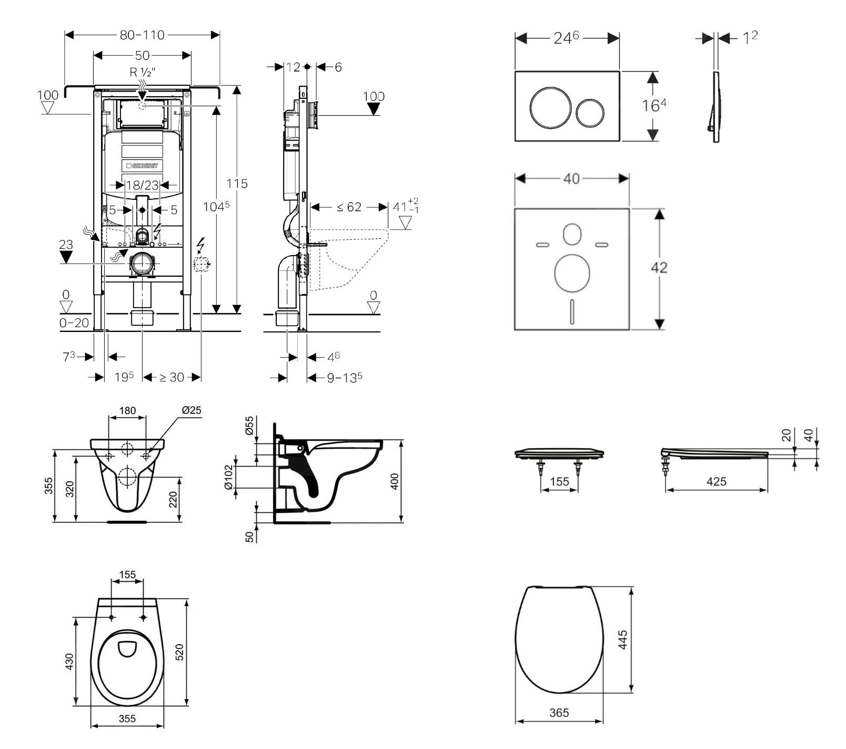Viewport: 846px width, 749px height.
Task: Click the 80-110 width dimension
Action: [x=142, y=35]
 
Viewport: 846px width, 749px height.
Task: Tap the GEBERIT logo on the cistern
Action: [x=143, y=166]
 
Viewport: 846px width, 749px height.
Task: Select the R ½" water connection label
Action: [x=142, y=73]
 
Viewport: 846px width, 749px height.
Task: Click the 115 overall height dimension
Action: [x=237, y=184]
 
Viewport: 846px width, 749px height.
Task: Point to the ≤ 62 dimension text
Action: [x=349, y=207]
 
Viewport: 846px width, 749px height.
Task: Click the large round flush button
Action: [x=549, y=107]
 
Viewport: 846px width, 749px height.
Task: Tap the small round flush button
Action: [x=590, y=113]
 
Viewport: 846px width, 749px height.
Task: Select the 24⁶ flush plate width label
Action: [x=566, y=38]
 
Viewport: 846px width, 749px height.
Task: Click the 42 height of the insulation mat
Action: [x=659, y=268]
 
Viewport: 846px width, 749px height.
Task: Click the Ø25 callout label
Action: [x=192, y=410]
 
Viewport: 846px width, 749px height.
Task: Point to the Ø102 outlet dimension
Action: [x=228, y=477]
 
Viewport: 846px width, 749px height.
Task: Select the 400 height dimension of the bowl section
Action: [x=395, y=481]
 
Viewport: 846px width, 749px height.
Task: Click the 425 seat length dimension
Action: [x=716, y=481]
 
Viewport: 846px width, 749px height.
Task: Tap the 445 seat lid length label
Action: [x=622, y=640]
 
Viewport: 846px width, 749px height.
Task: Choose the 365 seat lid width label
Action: [x=559, y=713]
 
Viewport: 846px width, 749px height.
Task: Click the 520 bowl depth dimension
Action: [x=179, y=652]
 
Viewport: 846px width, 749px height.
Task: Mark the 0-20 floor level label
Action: [x=74, y=323]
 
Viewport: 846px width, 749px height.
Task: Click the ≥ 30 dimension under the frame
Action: [x=172, y=377]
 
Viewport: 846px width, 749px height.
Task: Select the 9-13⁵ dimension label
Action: [x=345, y=377]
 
